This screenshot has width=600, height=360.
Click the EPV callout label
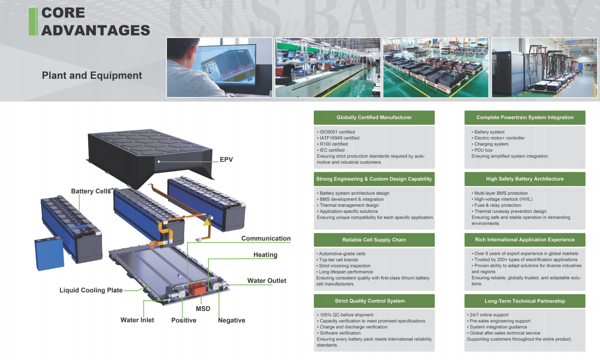(x=226, y=160)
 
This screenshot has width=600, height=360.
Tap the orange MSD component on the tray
(x=197, y=288)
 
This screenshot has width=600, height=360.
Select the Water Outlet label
(x=267, y=281)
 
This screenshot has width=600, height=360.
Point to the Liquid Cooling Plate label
(x=91, y=290)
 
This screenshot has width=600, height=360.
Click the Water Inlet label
(x=137, y=320)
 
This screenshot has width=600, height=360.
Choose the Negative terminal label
(x=231, y=320)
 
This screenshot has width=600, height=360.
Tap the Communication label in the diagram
(x=266, y=238)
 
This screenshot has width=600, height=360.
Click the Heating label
(x=265, y=255)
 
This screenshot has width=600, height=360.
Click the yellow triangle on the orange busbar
(x=206, y=222)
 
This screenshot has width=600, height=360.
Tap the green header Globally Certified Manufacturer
(x=374, y=117)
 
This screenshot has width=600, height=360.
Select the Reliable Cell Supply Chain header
(x=374, y=240)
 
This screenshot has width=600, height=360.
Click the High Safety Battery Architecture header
(x=525, y=179)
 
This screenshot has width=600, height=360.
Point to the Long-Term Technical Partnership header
(x=525, y=301)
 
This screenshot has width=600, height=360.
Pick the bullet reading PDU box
(x=483, y=150)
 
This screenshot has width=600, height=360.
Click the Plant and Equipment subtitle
(x=92, y=75)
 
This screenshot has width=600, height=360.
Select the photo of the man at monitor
(x=219, y=67)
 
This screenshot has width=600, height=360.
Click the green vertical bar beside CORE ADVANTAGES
(x=33, y=22)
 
